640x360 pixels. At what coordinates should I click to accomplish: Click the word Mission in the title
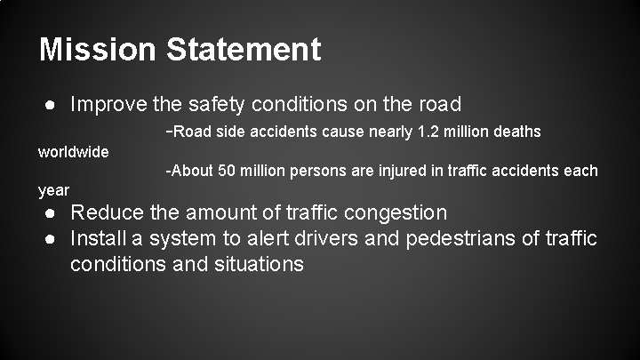(93, 49)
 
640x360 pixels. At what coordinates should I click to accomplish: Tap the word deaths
(516, 132)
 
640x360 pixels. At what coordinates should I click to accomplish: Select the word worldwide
(74, 151)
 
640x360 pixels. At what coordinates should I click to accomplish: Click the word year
(53, 189)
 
